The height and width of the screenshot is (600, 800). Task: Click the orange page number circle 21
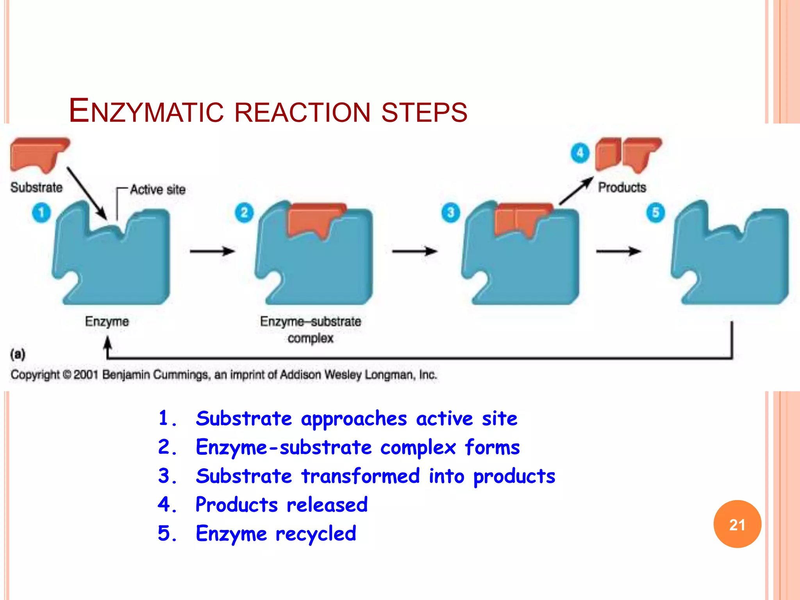tap(737, 524)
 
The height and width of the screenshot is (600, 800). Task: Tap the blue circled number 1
tap(41, 212)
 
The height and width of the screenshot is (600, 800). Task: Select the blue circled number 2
tap(244, 212)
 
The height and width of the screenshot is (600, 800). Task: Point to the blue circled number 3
tap(450, 212)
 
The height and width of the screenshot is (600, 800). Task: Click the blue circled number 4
tap(580, 153)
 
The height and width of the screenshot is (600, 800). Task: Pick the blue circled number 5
tap(655, 212)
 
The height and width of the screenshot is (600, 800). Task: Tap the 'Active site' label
tap(158, 189)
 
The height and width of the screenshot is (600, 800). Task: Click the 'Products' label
tap(622, 187)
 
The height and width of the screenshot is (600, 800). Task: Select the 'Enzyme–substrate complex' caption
tap(311, 329)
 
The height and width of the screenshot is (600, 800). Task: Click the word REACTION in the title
tap(302, 112)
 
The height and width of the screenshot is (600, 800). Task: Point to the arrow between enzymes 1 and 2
tap(212, 251)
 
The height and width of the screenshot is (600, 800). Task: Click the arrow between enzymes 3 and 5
tap(618, 251)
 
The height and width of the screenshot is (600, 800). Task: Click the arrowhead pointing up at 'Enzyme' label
tap(107, 344)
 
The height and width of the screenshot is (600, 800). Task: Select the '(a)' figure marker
tap(18, 354)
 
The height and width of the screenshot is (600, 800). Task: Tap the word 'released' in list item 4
tap(327, 505)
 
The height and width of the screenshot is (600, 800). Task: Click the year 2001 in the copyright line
tap(86, 375)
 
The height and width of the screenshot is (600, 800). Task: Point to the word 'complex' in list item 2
tap(418, 447)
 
